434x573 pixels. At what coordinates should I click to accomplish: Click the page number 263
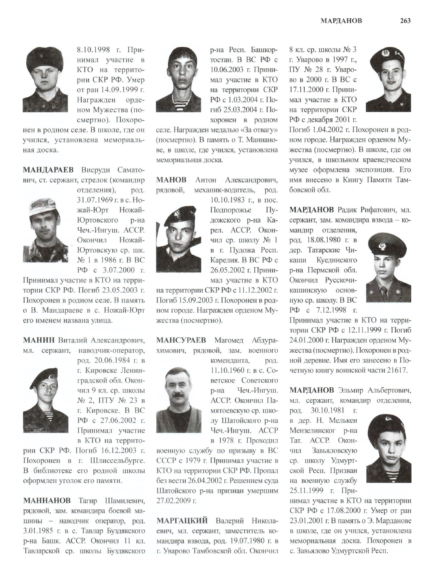pos(405,21)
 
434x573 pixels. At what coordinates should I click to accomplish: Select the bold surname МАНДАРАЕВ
pos(48,170)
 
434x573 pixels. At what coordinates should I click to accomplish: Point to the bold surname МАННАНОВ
pos(47,500)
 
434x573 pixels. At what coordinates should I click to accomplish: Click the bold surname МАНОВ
pos(171,180)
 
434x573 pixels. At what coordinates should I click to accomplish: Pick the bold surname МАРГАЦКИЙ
pos(182,520)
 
